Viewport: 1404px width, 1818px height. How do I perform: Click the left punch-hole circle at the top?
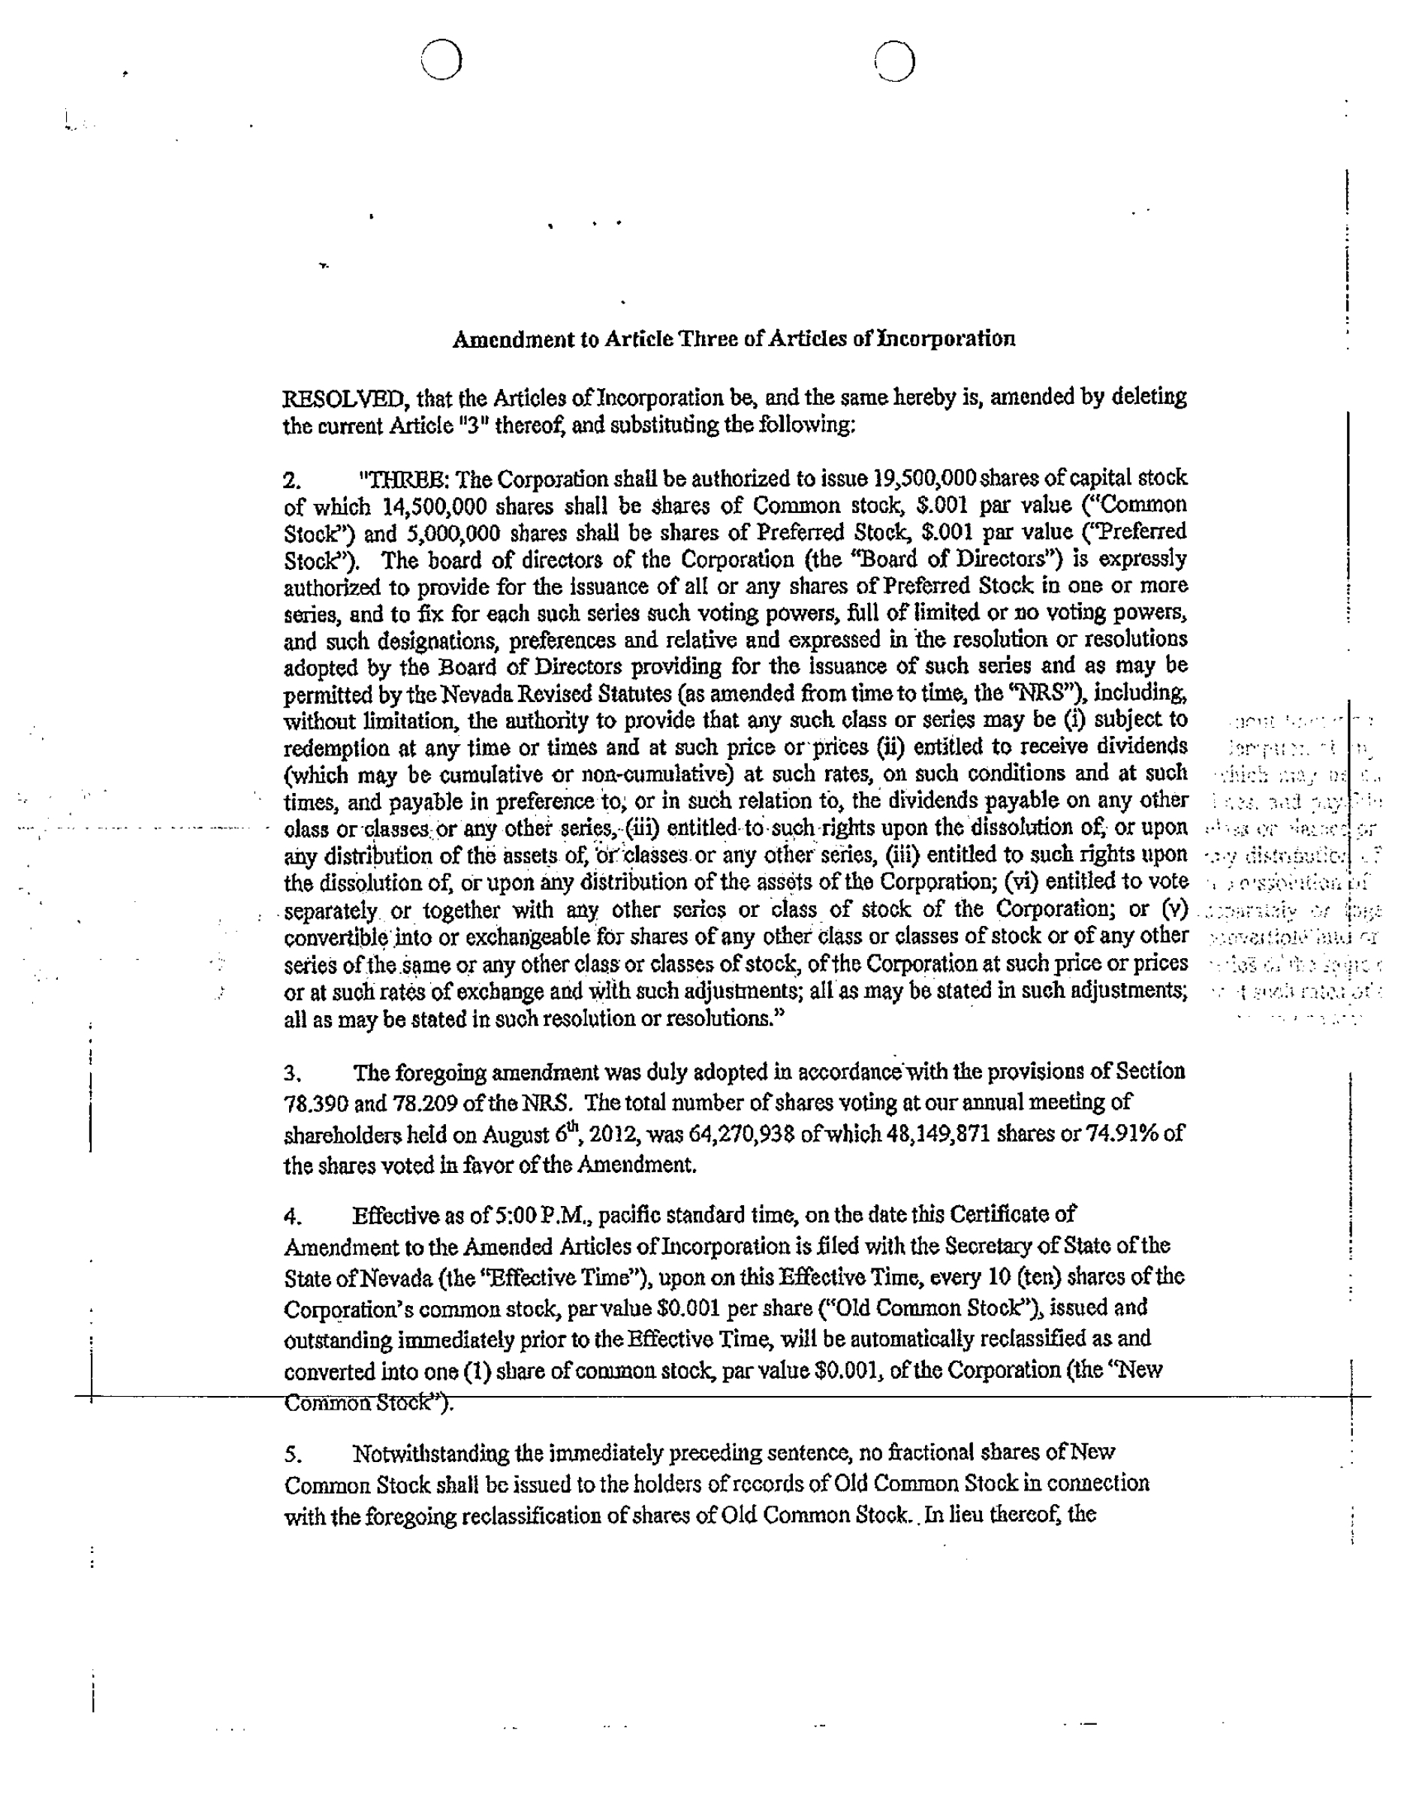[x=440, y=60]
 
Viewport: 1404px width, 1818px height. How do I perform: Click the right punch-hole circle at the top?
[x=895, y=60]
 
